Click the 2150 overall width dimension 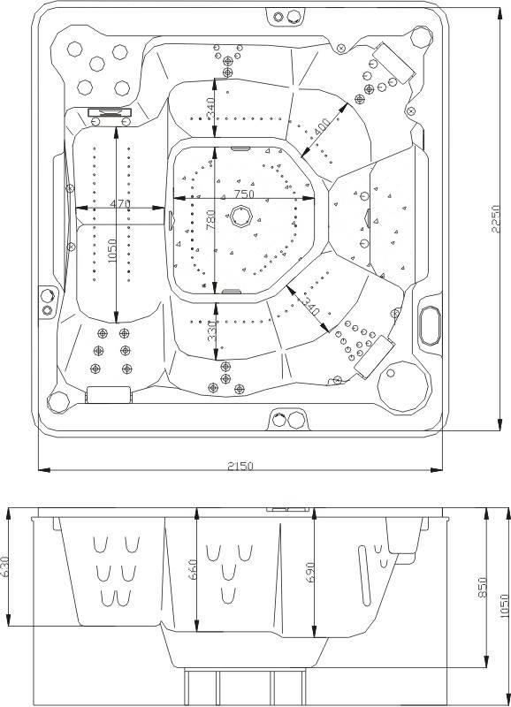(x=240, y=466)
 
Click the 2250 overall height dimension (x=496, y=218)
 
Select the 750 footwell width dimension (x=244, y=194)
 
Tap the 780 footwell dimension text (x=210, y=219)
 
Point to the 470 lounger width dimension (x=120, y=203)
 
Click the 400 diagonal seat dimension (x=322, y=126)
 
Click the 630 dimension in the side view (x=4, y=567)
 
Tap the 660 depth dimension (x=192, y=569)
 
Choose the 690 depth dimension (x=309, y=571)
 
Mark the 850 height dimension (x=483, y=588)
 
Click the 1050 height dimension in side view (x=505, y=604)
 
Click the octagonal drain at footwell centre (x=239, y=217)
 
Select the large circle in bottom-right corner (x=403, y=386)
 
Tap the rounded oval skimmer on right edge (x=430, y=326)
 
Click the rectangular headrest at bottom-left (x=108, y=394)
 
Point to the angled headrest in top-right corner (x=393, y=62)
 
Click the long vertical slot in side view (x=364, y=575)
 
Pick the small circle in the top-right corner (x=422, y=37)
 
